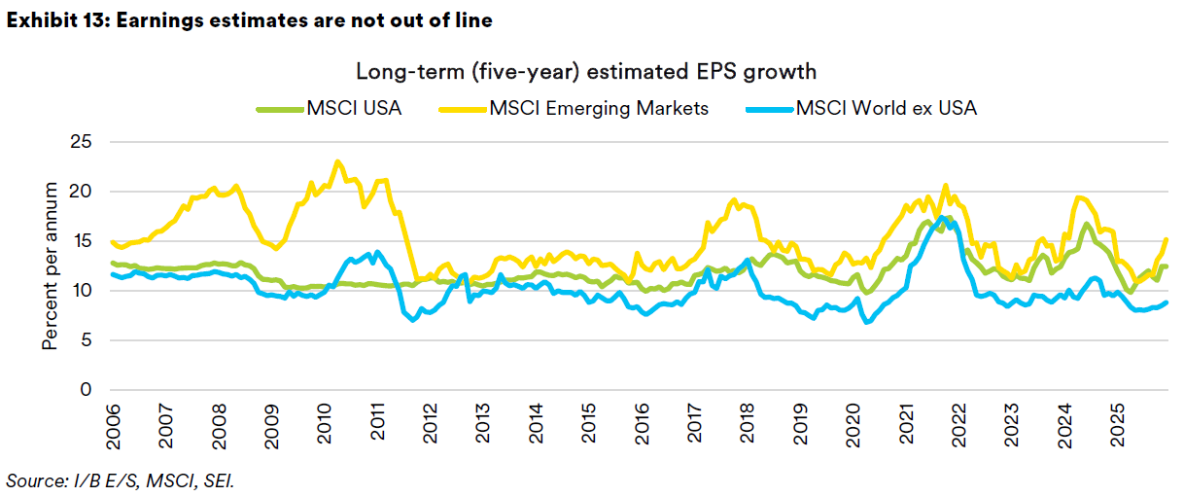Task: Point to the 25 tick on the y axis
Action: pos(82,141)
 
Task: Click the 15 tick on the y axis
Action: pos(82,241)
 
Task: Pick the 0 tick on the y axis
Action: pos(87,390)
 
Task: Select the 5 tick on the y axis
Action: pos(87,340)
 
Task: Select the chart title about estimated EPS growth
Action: pos(585,72)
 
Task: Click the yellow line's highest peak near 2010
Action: pos(337,161)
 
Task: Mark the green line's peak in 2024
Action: pos(1087,225)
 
